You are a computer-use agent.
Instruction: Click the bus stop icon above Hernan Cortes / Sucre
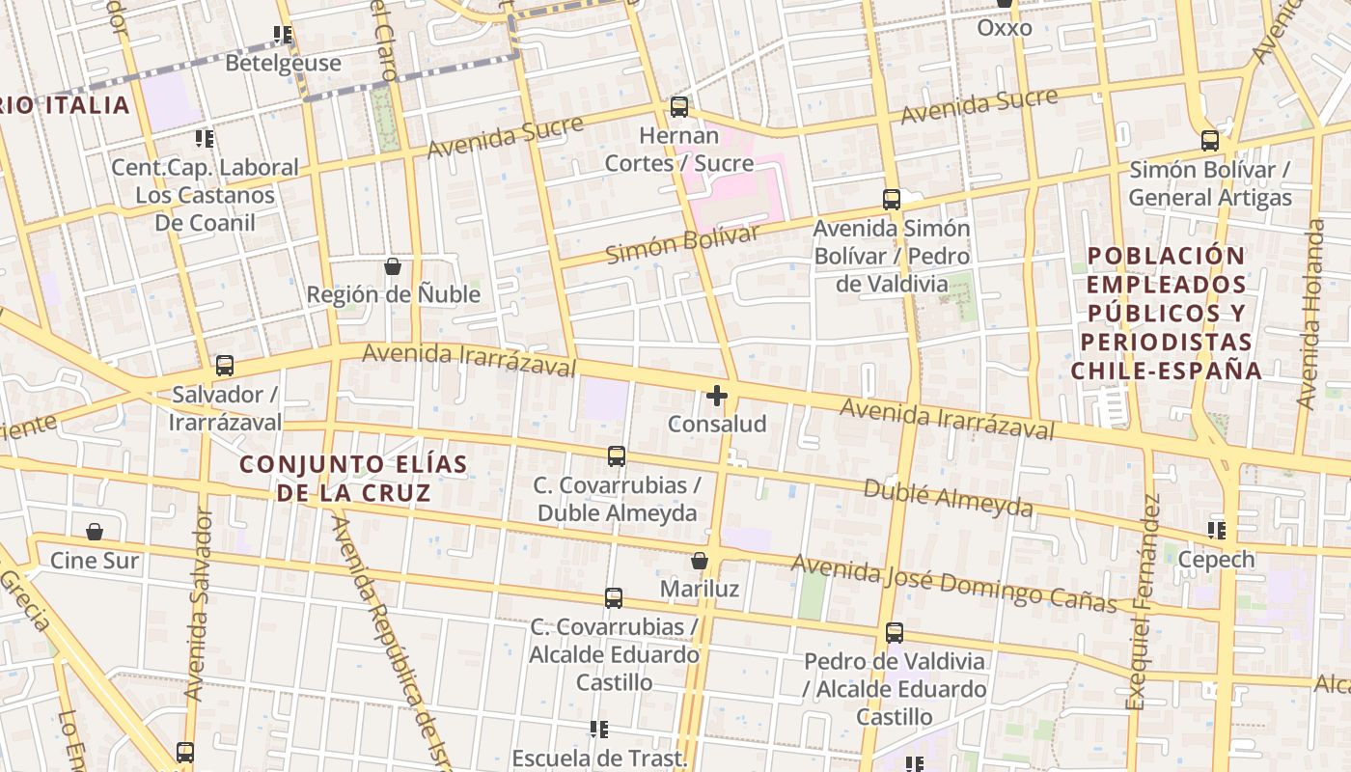tap(679, 106)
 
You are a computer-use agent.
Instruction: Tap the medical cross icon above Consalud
tap(716, 396)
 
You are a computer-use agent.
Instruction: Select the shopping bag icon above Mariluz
tap(700, 561)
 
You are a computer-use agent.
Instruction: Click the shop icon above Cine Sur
tap(95, 532)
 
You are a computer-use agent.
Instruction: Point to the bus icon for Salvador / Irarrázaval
tap(225, 366)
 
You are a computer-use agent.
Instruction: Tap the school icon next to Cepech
tap(1217, 530)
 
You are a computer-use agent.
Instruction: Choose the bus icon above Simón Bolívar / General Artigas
tap(1210, 141)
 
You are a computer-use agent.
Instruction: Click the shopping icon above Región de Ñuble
tap(393, 266)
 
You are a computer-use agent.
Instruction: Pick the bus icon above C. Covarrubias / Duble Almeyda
tap(617, 456)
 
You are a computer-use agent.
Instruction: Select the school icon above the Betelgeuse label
tap(283, 36)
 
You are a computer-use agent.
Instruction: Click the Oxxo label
tap(1005, 28)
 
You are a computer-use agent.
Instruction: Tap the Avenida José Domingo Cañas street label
tap(953, 583)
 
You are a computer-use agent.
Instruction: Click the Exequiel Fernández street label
tap(1143, 603)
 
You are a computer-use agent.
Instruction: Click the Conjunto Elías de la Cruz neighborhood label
tap(353, 479)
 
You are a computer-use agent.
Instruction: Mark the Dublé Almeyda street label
tap(948, 498)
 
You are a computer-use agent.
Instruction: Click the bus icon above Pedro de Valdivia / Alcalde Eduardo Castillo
tap(895, 633)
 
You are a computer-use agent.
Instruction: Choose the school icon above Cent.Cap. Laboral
tap(204, 139)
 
